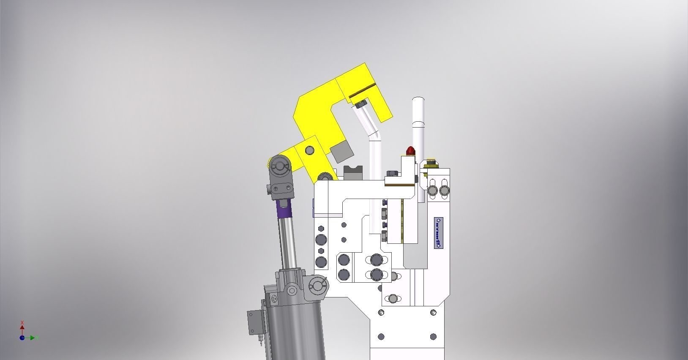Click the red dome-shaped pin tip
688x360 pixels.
(x=410, y=150)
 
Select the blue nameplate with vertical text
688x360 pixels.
(x=438, y=233)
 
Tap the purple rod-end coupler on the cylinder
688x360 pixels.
(x=284, y=208)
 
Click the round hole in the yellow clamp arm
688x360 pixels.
(x=309, y=150)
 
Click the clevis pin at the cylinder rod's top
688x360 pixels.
(x=279, y=165)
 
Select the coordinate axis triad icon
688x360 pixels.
(x=22, y=337)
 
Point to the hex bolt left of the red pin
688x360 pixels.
(x=391, y=173)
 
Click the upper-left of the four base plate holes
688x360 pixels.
(x=381, y=313)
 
